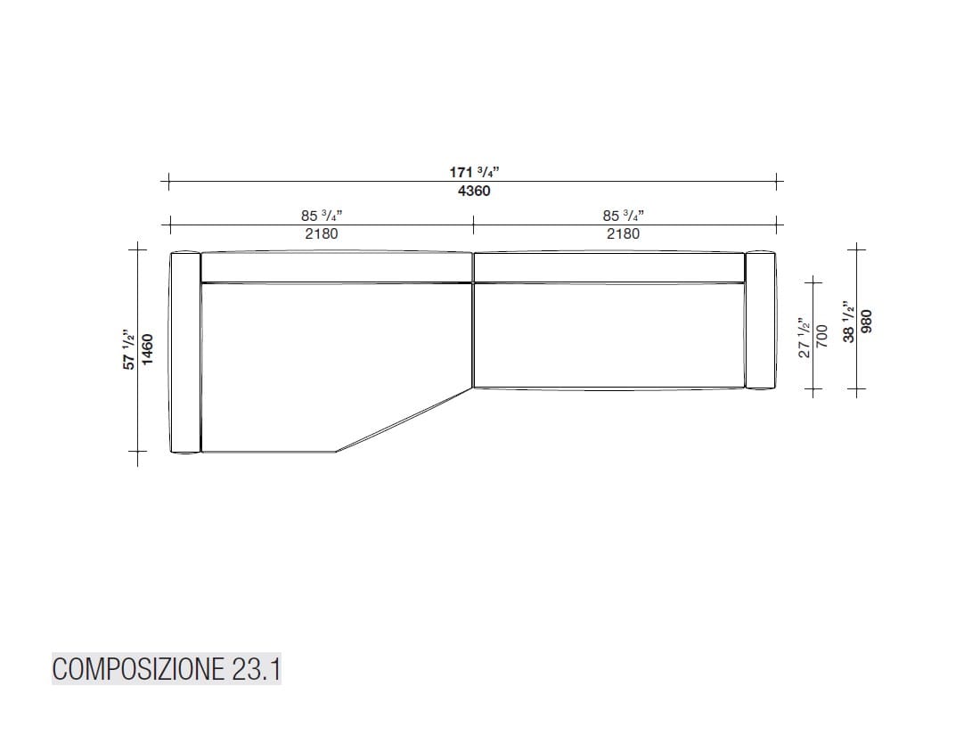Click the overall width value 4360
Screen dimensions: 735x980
[x=473, y=192]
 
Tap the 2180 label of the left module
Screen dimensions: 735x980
[x=322, y=233]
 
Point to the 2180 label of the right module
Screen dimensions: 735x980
[x=623, y=233]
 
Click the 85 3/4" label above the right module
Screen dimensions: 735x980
[x=623, y=215]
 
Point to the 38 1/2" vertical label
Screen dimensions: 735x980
[x=850, y=322]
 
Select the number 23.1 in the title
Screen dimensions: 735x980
[x=256, y=669]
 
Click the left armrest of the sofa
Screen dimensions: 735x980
[x=185, y=353]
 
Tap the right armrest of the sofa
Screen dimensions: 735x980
[x=759, y=321]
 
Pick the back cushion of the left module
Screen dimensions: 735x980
[x=335, y=267]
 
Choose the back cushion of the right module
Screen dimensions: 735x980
[x=608, y=267]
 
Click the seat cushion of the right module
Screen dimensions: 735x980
[x=608, y=336]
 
